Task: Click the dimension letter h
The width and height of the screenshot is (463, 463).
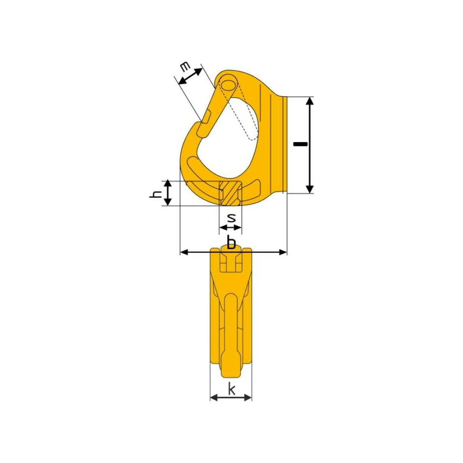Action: click(156, 194)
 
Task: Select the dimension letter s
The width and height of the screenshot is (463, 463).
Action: click(231, 218)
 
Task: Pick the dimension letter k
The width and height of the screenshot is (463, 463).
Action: click(231, 389)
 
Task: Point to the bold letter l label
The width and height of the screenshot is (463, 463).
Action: click(300, 144)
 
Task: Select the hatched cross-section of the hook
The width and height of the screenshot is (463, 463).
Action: click(230, 194)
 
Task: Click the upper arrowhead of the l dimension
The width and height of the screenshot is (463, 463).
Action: click(309, 101)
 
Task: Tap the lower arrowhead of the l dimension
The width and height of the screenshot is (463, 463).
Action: click(309, 189)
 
